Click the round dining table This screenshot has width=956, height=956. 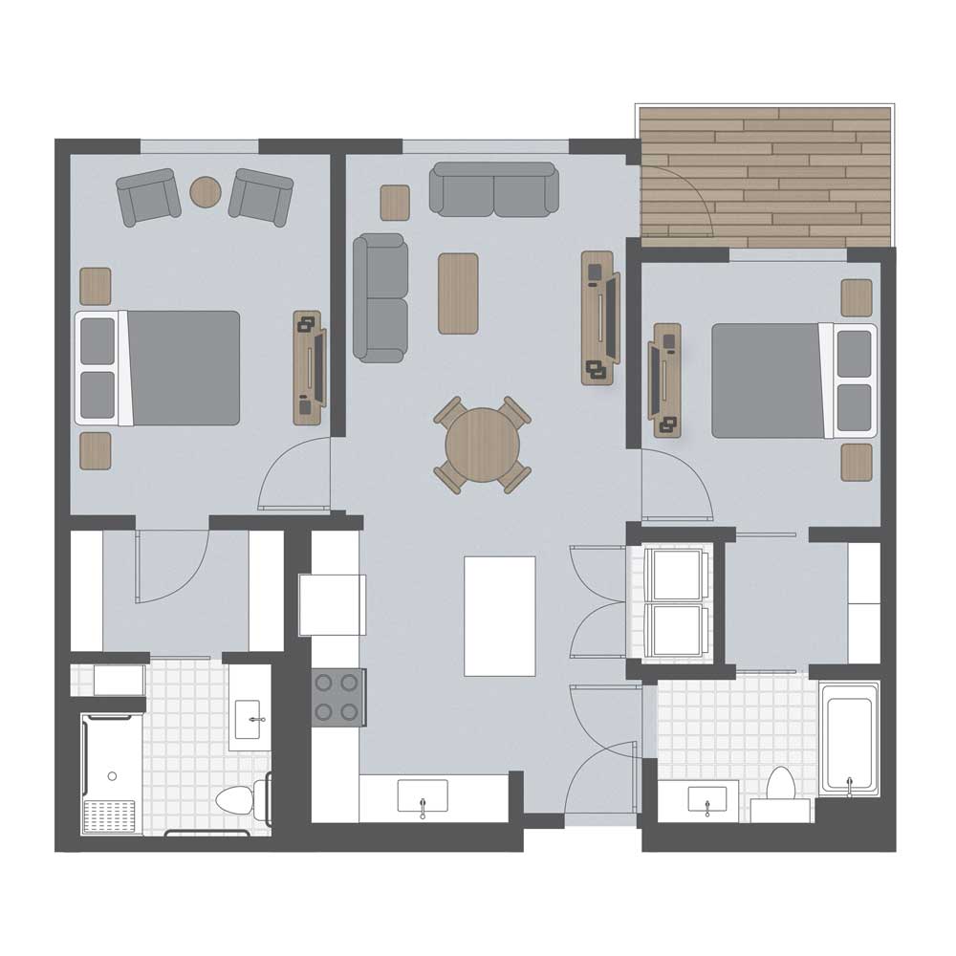point(483,445)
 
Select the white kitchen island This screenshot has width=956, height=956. point(499,616)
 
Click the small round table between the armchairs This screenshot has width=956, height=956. point(205,192)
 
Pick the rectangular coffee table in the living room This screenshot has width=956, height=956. point(458,293)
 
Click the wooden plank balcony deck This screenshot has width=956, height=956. point(765,172)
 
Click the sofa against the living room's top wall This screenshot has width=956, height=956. point(493,189)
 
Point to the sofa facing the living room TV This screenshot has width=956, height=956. point(380,297)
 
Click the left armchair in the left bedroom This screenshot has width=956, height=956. point(148,196)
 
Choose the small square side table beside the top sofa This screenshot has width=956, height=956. point(395,203)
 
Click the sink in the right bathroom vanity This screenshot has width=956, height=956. point(706,801)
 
